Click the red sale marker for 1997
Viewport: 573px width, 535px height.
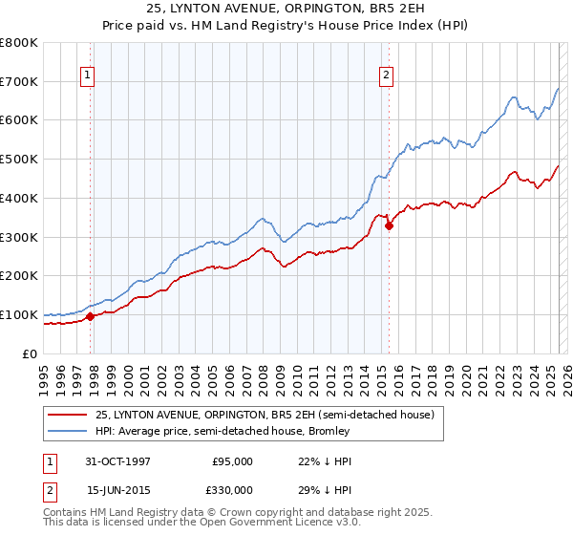tap(91, 316)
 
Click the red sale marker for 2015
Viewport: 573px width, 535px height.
tap(389, 226)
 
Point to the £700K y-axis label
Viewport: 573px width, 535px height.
tap(19, 82)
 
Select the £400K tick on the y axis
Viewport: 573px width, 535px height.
tap(19, 199)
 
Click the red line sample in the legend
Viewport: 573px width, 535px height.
tap(66, 415)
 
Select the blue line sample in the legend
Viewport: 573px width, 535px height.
tap(66, 431)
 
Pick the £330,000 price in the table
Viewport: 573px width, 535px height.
tap(232, 490)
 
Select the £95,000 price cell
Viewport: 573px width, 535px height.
tap(232, 461)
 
